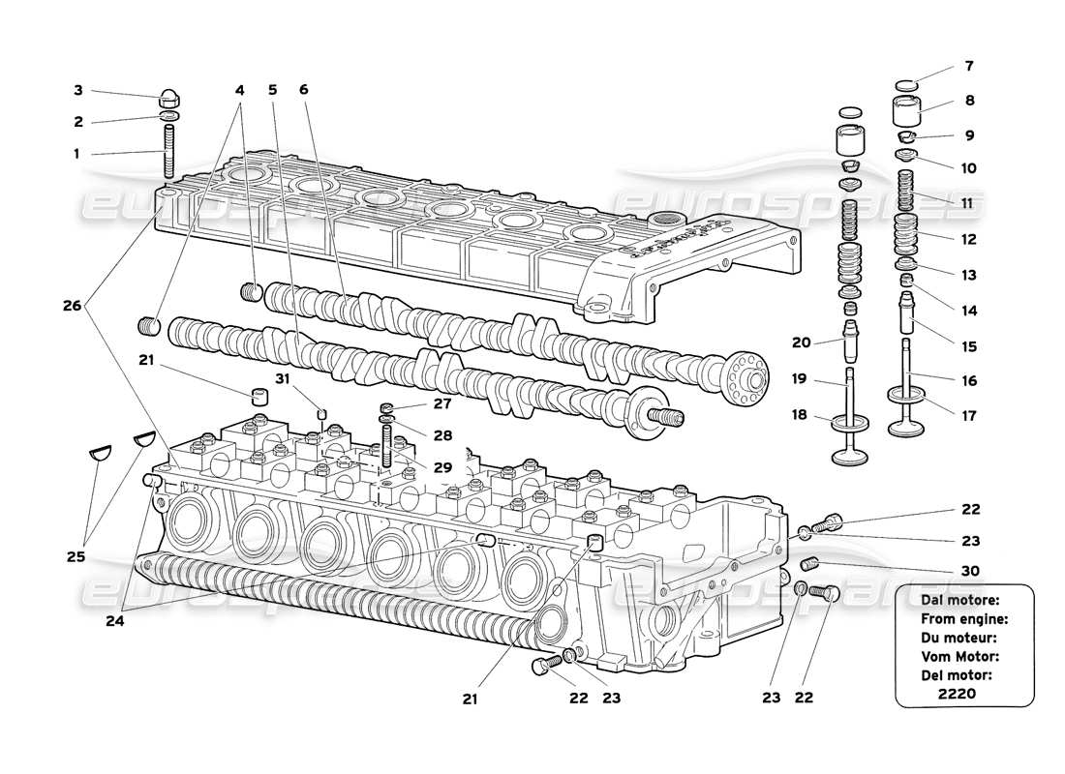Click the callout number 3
click(x=77, y=90)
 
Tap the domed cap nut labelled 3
click(x=169, y=100)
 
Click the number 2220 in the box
click(x=957, y=695)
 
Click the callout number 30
click(x=970, y=571)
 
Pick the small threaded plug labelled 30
click(x=809, y=564)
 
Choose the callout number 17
click(x=970, y=416)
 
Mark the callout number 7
click(x=969, y=67)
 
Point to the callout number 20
click(x=800, y=342)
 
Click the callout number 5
click(x=273, y=90)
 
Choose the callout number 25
click(x=76, y=557)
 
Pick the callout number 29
click(x=442, y=467)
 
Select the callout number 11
click(x=969, y=204)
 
